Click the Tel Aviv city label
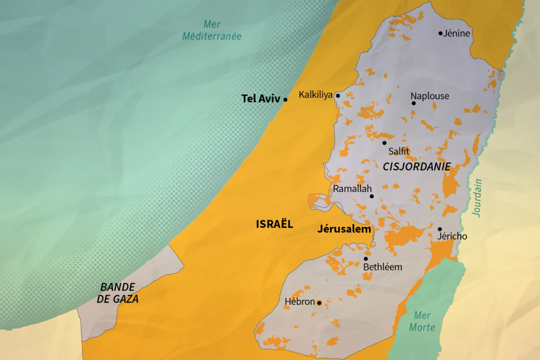261,99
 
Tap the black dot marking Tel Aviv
285,100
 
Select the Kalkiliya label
315,95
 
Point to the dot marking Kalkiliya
337,96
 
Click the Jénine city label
456,33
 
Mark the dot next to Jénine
440,33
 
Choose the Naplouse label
430,96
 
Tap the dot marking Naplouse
414,103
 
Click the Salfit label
399,151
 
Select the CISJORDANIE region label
417,167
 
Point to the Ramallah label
352,189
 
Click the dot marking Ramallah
372,196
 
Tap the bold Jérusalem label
344,229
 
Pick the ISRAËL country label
274,224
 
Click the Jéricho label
452,236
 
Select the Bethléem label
382,267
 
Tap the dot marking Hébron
319,303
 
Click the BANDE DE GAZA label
118,293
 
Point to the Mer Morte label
422,321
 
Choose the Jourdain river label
477,198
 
